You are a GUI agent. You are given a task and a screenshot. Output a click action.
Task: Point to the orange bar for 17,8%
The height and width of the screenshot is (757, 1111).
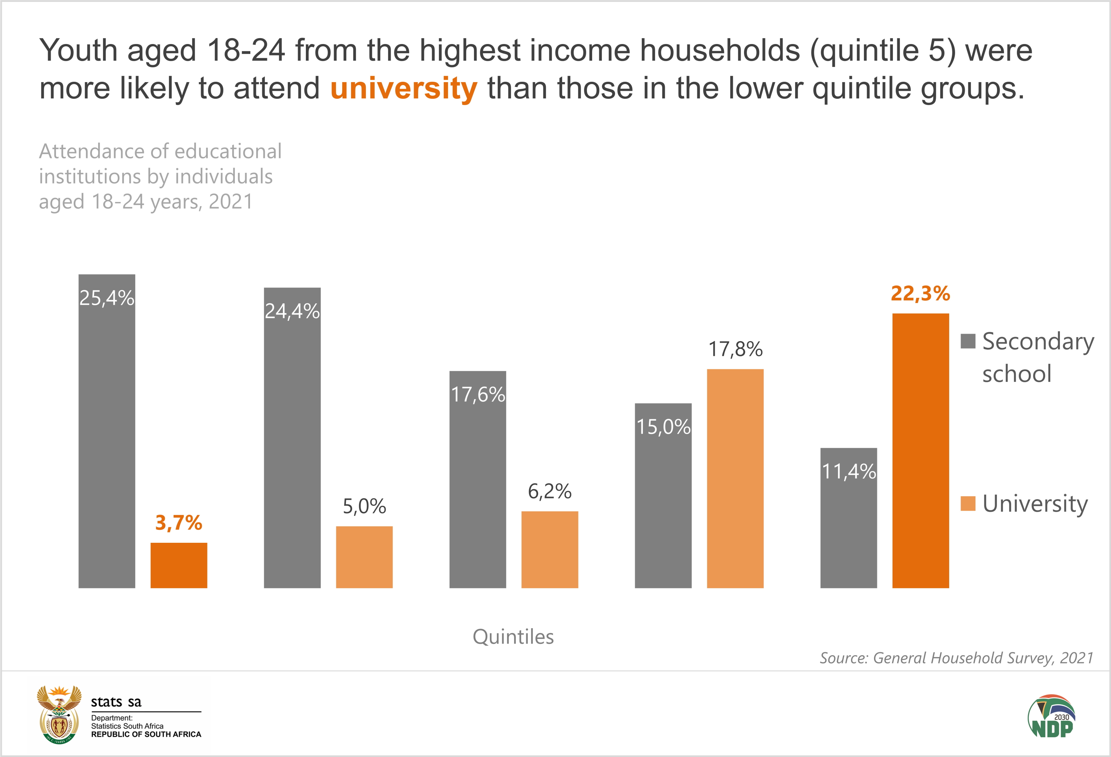pyautogui.click(x=735, y=478)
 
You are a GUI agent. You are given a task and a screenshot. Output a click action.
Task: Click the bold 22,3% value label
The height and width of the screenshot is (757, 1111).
pyautogui.click(x=920, y=293)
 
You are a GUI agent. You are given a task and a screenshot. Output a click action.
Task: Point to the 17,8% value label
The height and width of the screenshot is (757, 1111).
pyautogui.click(x=735, y=349)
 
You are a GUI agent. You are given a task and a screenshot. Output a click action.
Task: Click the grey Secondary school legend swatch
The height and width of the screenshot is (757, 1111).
pyautogui.click(x=968, y=341)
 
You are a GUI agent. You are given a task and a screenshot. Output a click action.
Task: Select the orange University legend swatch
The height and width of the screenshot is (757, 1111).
pyautogui.click(x=968, y=504)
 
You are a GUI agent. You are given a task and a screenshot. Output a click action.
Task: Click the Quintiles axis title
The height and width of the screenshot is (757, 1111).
pyautogui.click(x=513, y=637)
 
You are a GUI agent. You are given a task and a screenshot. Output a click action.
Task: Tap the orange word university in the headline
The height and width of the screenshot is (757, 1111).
pyautogui.click(x=404, y=88)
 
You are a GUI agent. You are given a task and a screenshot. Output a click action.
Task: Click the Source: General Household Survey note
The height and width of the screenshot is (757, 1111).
pyautogui.click(x=957, y=658)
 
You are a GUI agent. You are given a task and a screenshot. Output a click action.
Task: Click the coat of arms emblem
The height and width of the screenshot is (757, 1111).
pyautogui.click(x=59, y=714)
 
